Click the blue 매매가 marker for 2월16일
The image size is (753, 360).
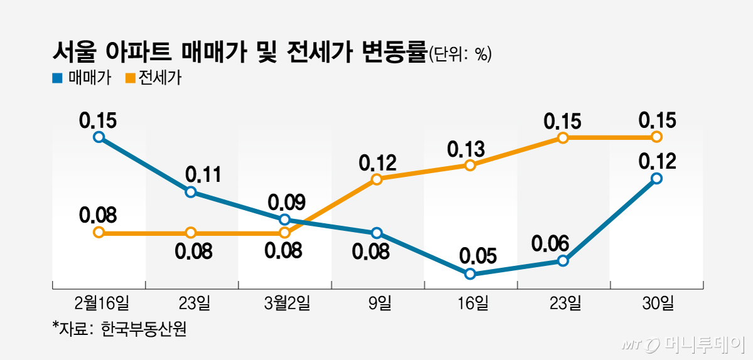point(99,137)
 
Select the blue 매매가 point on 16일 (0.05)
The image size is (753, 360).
point(470,274)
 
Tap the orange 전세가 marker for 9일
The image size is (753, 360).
point(377,179)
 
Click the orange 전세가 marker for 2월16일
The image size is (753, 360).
point(99,233)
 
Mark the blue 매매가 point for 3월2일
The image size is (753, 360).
point(284,220)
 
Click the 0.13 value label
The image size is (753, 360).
point(466,149)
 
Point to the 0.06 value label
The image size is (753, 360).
point(550,243)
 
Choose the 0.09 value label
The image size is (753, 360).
point(286,203)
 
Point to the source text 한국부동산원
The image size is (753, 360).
point(143,329)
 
